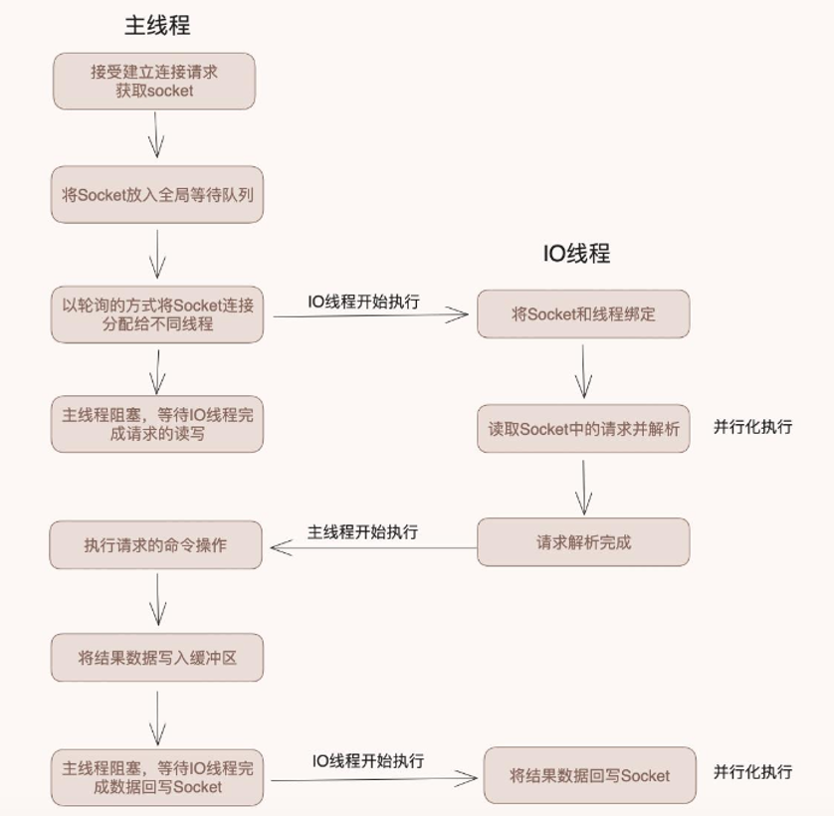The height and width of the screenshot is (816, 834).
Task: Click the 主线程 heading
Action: (157, 25)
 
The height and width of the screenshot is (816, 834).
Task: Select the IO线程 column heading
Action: (576, 253)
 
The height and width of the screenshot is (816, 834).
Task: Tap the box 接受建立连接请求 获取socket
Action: (154, 81)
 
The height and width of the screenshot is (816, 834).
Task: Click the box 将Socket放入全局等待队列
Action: (157, 195)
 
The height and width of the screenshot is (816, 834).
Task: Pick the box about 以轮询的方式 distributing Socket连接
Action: (157, 314)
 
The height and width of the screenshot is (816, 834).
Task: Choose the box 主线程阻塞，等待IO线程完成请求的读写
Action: (157, 424)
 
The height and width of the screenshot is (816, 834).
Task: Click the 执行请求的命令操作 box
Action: (155, 545)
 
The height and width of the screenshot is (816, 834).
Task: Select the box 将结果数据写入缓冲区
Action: (157, 658)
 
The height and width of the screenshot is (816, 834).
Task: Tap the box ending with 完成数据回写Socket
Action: (157, 777)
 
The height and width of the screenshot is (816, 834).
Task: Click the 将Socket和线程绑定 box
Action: (583, 314)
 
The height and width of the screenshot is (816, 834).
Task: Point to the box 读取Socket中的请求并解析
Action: (583, 429)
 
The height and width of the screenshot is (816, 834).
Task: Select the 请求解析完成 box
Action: (583, 543)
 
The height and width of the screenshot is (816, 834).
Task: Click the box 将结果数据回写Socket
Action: (589, 776)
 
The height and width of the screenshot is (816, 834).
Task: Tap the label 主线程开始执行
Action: (362, 532)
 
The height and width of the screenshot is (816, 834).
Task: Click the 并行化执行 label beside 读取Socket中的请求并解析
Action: (752, 427)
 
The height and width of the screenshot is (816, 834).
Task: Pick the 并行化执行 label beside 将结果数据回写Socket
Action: (752, 772)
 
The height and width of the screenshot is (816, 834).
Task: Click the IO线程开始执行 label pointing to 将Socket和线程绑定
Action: (363, 302)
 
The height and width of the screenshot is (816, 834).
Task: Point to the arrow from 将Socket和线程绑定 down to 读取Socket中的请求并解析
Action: (583, 372)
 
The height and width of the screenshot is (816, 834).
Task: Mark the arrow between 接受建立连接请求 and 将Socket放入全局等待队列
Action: (156, 134)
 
